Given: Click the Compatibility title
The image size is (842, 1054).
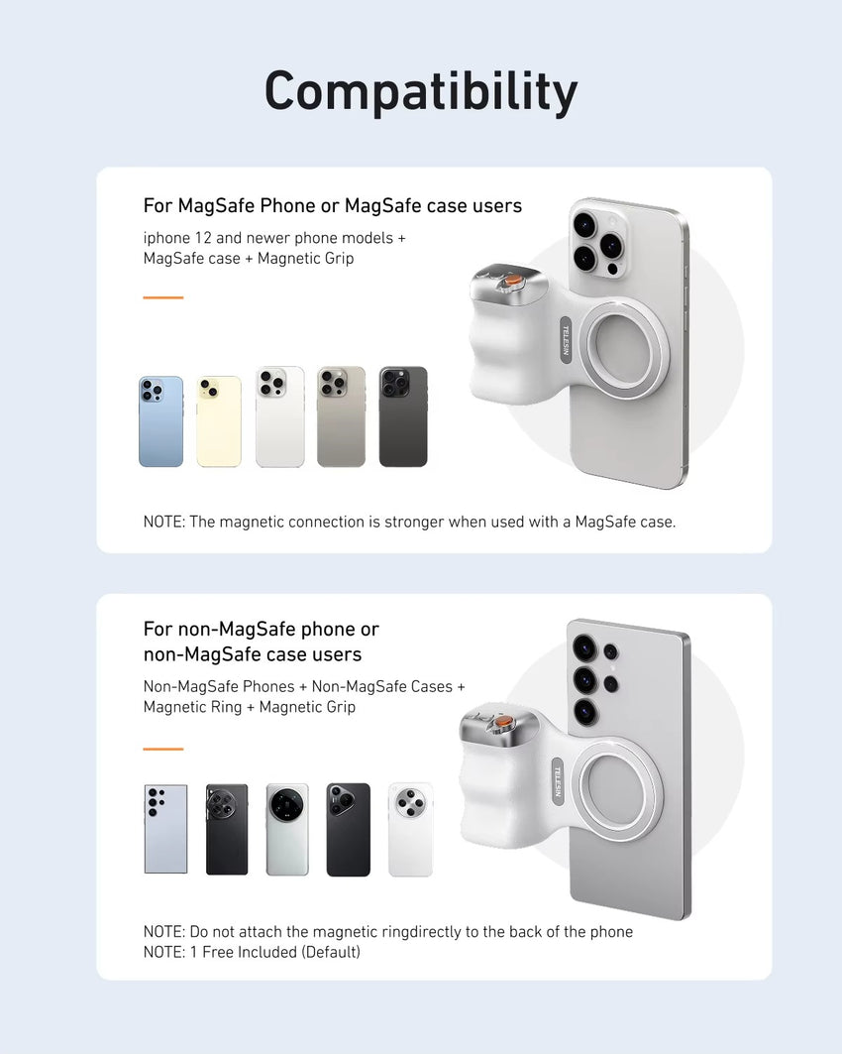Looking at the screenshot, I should pyautogui.click(x=420, y=91).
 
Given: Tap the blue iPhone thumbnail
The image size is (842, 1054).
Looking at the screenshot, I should pyautogui.click(x=160, y=421).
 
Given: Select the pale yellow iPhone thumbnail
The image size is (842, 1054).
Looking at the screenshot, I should pyautogui.click(x=219, y=421).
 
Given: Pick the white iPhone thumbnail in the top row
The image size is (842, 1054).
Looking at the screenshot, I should pyautogui.click(x=279, y=417).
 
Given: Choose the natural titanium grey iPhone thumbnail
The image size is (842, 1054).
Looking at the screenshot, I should pyautogui.click(x=341, y=417).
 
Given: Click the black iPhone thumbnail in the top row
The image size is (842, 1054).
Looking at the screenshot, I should pyautogui.click(x=403, y=417).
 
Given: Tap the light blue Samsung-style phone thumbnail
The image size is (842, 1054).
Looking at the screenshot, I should pyautogui.click(x=165, y=829).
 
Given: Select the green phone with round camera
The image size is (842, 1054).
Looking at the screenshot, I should pyautogui.click(x=287, y=829).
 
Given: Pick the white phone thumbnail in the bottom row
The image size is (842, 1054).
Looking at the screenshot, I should pyautogui.click(x=410, y=829).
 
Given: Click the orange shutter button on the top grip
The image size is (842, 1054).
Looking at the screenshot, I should pyautogui.click(x=509, y=283).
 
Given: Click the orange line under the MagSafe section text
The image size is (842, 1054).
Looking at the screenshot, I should pyautogui.click(x=162, y=296).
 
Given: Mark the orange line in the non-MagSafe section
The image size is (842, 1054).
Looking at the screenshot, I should pyautogui.click(x=162, y=749).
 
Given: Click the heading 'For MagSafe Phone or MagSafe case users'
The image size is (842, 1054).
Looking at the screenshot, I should pyautogui.click(x=332, y=206).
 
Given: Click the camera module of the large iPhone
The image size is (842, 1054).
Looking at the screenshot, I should pyautogui.click(x=598, y=241).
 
